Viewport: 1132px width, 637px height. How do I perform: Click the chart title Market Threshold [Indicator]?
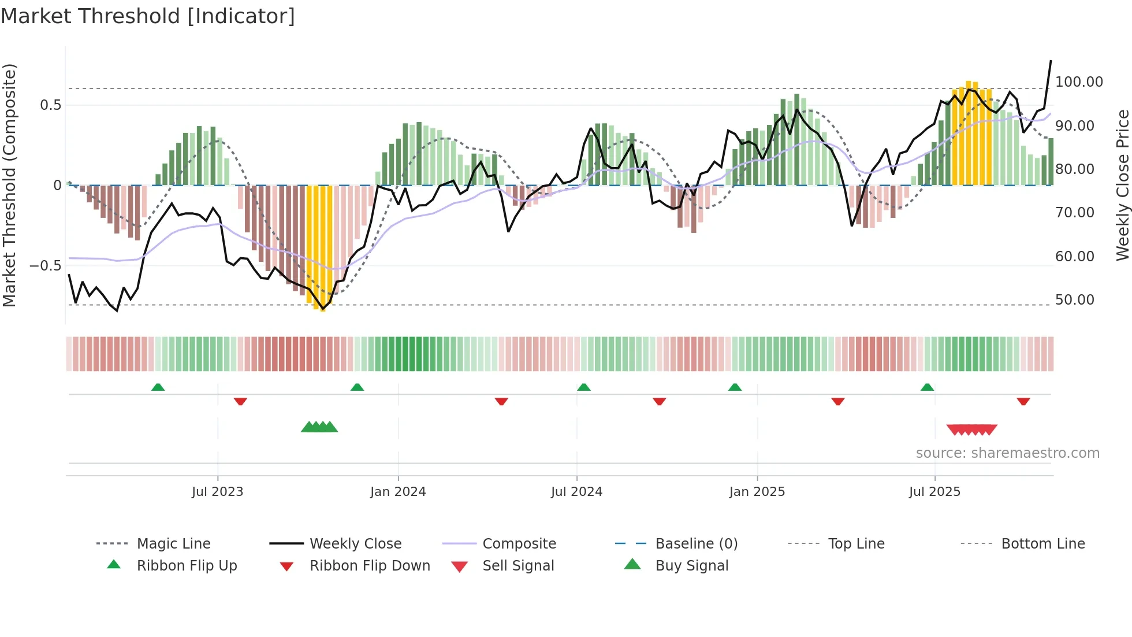tap(148, 16)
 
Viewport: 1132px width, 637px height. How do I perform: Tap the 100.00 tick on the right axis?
tap(1079, 82)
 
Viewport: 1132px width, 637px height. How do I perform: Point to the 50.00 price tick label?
tap(1074, 300)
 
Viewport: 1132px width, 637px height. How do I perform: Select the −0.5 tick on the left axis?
tap(45, 266)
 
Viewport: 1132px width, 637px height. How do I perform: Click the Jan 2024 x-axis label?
tap(398, 492)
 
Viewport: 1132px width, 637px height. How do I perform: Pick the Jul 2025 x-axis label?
tap(934, 492)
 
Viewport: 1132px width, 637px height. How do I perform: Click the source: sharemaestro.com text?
tap(1007, 453)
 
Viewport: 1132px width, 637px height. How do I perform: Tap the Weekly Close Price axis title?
tap(1122, 185)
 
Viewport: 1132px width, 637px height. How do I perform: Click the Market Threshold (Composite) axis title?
tap(9, 185)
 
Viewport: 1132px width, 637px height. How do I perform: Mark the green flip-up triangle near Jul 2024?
tap(583, 387)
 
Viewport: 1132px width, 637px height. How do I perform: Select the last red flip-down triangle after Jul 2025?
tap(1023, 401)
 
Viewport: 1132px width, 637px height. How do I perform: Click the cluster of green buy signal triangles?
tap(319, 427)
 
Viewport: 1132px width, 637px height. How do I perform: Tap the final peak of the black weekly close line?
tap(1051, 61)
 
